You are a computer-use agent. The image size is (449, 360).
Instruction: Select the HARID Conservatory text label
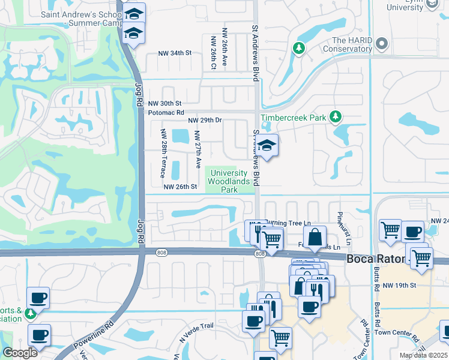pyautogui.click(x=348, y=44)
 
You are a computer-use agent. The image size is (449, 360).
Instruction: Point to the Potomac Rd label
pyautogui.click(x=165, y=112)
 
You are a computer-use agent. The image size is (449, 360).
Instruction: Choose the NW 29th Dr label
pyautogui.click(x=205, y=121)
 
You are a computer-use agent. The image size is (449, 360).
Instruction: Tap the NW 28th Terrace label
pyautogui.click(x=163, y=153)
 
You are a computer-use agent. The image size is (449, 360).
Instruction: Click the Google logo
pyautogui.click(x=19, y=353)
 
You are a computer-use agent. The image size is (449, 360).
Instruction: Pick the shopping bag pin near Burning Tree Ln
pyautogui.click(x=315, y=238)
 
